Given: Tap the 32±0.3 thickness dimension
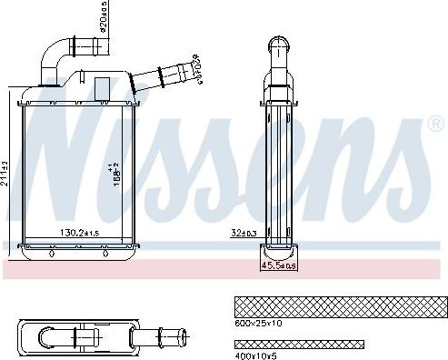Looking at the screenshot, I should click(x=243, y=233).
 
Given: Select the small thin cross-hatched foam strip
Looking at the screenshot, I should click(x=298, y=344).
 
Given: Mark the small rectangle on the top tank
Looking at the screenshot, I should click(x=102, y=88).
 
